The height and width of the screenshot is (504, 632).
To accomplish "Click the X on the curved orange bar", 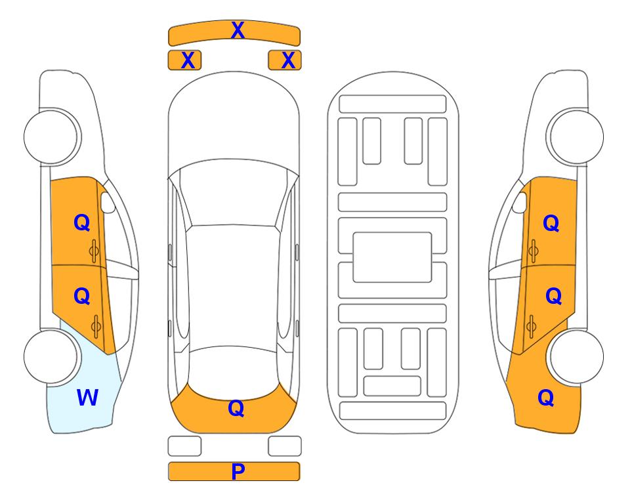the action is pyautogui.click(x=238, y=30).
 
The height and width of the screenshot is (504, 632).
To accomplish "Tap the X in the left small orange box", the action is pyautogui.click(x=188, y=60).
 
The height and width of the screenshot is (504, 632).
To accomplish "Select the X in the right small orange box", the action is pyautogui.click(x=288, y=60).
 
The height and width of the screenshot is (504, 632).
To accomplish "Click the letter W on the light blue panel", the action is pyautogui.click(x=87, y=398).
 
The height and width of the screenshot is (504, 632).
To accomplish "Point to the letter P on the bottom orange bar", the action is pyautogui.click(x=238, y=471).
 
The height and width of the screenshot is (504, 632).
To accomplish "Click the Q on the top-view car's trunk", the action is pyautogui.click(x=236, y=408).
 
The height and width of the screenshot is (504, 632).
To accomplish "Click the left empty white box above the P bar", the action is pyautogui.click(x=184, y=446).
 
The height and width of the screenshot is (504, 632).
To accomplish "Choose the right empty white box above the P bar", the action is pyautogui.click(x=285, y=446).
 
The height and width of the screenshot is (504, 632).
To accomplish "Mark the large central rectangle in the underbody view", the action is pyautogui.click(x=392, y=257).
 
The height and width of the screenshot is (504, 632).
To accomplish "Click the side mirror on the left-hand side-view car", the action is pyautogui.click(x=108, y=202).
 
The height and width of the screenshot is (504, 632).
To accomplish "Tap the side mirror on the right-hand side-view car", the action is pyautogui.click(x=520, y=202).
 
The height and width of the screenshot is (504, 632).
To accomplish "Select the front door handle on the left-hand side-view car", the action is pyautogui.click(x=95, y=251).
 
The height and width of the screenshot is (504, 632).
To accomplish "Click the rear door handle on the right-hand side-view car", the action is pyautogui.click(x=532, y=327).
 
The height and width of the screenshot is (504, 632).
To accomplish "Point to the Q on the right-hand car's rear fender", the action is pyautogui.click(x=546, y=398).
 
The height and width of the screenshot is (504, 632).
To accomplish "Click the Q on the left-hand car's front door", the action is pyautogui.click(x=82, y=222).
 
